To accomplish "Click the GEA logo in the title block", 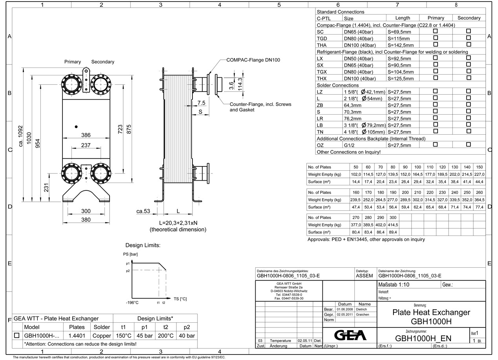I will [350, 335].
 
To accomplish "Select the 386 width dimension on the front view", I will [86, 135].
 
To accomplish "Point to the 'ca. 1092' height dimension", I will [21, 136].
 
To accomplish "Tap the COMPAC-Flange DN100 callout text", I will [253, 60].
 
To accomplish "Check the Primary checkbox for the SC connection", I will [435, 31].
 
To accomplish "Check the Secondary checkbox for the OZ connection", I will [468, 144].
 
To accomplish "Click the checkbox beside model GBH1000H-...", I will [17, 336].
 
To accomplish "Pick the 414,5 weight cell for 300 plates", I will [393, 225].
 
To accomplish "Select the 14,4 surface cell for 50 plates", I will [356, 182].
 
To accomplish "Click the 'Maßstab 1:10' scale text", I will [394, 285].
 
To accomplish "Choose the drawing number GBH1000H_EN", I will [423, 338].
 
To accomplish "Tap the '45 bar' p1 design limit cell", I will [144, 336].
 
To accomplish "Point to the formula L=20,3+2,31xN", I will [178, 223].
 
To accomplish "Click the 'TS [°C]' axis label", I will [180, 299].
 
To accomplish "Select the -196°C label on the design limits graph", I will [132, 303].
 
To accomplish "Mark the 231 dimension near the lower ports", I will [46, 188].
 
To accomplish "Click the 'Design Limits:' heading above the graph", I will [143, 245].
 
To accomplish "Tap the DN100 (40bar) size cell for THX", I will [358, 79].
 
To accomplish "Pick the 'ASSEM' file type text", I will [364, 276].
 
